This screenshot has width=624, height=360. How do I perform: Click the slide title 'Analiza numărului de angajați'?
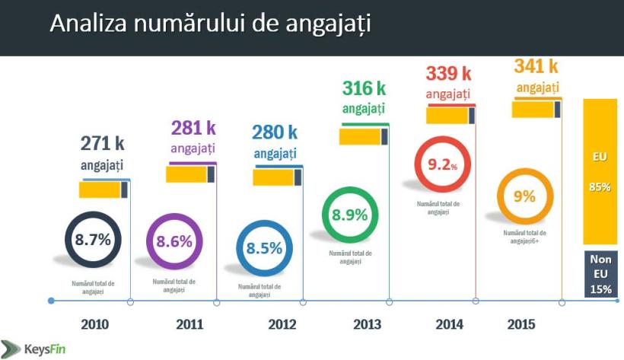[210, 24]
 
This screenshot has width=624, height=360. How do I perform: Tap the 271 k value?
[103, 142]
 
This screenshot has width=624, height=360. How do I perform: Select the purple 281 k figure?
[193, 128]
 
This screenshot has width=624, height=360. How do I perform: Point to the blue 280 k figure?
[275, 132]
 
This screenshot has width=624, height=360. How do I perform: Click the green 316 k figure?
[364, 88]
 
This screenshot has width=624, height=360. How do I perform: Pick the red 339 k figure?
[447, 73]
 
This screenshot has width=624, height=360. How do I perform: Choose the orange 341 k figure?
[536, 67]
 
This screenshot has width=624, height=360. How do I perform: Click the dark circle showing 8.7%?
[93, 240]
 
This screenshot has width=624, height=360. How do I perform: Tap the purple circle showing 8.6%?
[174, 243]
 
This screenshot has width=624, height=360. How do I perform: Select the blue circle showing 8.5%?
[264, 248]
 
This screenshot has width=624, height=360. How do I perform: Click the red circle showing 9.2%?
[441, 164]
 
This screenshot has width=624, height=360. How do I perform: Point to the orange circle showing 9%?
[524, 196]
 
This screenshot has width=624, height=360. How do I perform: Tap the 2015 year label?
[521, 324]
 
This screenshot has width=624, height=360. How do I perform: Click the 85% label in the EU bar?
[600, 187]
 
